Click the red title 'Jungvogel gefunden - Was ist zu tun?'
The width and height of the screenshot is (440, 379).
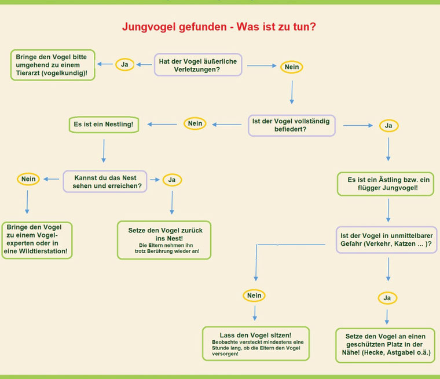coord(219,27)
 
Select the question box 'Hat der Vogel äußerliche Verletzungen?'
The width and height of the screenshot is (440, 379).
coord(198,65)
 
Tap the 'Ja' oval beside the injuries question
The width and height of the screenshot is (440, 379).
coord(124,64)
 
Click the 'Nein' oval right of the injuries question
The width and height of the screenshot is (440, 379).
coord(292,67)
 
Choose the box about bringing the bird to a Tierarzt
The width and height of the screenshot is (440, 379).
coord(53,65)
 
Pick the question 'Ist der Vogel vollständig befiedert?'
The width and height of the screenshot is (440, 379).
coord(292,125)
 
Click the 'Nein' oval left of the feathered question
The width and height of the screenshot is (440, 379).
coord(195,123)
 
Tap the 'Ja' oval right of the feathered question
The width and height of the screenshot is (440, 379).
coord(388,126)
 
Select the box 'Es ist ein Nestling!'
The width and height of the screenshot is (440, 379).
coord(104,125)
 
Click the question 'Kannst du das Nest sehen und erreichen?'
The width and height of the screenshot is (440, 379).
coord(105,181)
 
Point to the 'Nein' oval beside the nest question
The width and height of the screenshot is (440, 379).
coord(28,179)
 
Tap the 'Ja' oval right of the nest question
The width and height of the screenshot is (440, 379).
coord(172,180)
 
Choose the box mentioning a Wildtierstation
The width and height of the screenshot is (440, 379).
coord(36,240)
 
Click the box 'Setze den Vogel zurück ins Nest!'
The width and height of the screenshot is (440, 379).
coord(164,240)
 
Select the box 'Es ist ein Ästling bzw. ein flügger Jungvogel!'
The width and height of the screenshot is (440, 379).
coord(386,184)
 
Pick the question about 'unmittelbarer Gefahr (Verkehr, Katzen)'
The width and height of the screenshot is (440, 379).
coord(387,240)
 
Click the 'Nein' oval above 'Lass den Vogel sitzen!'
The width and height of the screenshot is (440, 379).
coord(254,296)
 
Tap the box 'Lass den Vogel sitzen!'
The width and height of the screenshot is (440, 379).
coord(256,343)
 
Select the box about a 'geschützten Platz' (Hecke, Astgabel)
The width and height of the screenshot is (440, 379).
coord(385,345)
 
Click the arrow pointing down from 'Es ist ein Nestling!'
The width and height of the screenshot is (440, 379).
coord(104,151)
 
